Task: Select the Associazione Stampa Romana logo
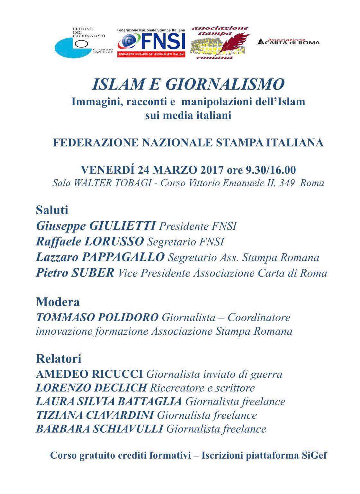pos(220,43)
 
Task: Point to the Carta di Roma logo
pos(289,41)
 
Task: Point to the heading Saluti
pos(52,210)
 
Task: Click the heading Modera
pos(58,302)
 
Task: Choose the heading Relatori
pos(59,358)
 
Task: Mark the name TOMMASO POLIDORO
pos(97,317)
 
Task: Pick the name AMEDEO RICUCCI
pos(89,374)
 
